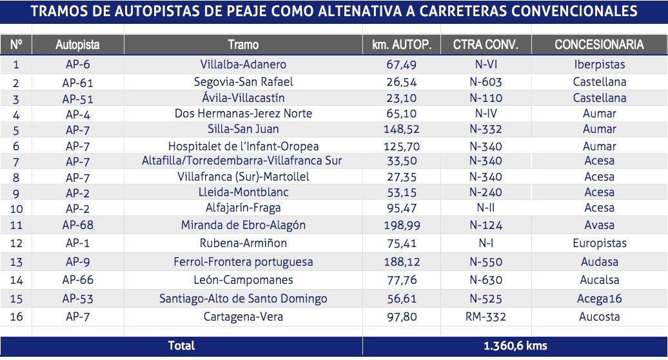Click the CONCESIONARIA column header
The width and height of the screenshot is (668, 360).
(x=599, y=45)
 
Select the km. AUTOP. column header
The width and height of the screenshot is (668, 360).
(x=402, y=45)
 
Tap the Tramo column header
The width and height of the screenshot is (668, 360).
(x=243, y=45)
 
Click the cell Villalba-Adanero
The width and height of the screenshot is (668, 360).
(x=243, y=65)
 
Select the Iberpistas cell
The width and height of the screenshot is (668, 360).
(x=599, y=65)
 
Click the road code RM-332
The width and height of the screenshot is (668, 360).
(x=486, y=317)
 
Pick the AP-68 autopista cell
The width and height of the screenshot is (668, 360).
(x=78, y=225)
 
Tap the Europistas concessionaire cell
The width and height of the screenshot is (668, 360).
(x=599, y=243)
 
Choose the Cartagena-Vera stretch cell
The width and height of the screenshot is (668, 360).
(x=243, y=317)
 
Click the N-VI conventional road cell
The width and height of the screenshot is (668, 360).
(x=486, y=65)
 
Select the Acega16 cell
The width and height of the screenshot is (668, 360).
(x=599, y=299)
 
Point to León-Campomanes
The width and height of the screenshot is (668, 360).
(x=243, y=280)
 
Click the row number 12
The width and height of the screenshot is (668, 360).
(x=16, y=243)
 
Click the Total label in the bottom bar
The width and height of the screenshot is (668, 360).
(x=181, y=346)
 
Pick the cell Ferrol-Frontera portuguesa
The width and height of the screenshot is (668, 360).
(x=243, y=262)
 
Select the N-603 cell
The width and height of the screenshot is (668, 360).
(x=486, y=82)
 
